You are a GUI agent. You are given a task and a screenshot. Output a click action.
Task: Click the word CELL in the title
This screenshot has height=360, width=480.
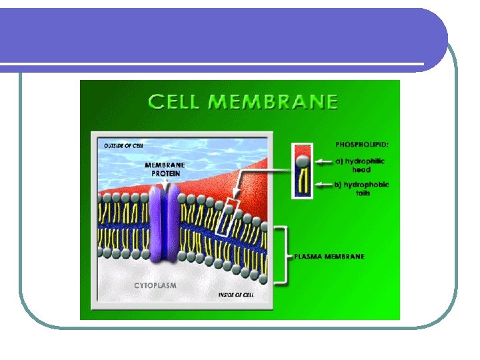tap(174, 102)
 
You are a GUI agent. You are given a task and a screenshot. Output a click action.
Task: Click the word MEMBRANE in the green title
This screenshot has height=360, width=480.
tap(273, 102)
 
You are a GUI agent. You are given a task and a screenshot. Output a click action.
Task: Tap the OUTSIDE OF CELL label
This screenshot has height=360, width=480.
tap(124, 145)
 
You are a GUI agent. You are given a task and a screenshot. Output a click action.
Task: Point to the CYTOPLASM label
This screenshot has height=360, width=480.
tap(155, 285)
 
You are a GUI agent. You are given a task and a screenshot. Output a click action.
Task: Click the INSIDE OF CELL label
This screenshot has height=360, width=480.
tap(239, 294)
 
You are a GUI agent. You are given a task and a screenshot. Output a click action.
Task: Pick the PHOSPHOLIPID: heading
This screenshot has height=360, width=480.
tap(362, 143)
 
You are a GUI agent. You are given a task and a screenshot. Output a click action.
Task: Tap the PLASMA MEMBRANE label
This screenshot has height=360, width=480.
tap(330, 257)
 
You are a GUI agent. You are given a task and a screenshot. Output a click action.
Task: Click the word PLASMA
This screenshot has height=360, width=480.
tap(308, 257)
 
